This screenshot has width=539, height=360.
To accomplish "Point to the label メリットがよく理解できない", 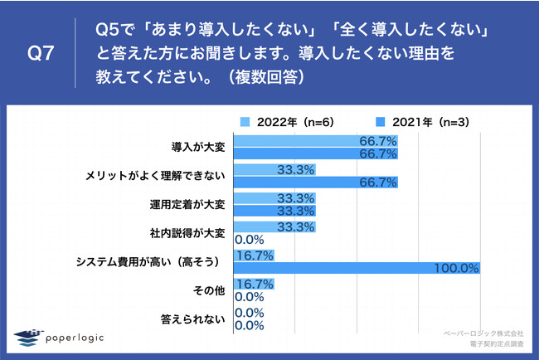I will point(154,176).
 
